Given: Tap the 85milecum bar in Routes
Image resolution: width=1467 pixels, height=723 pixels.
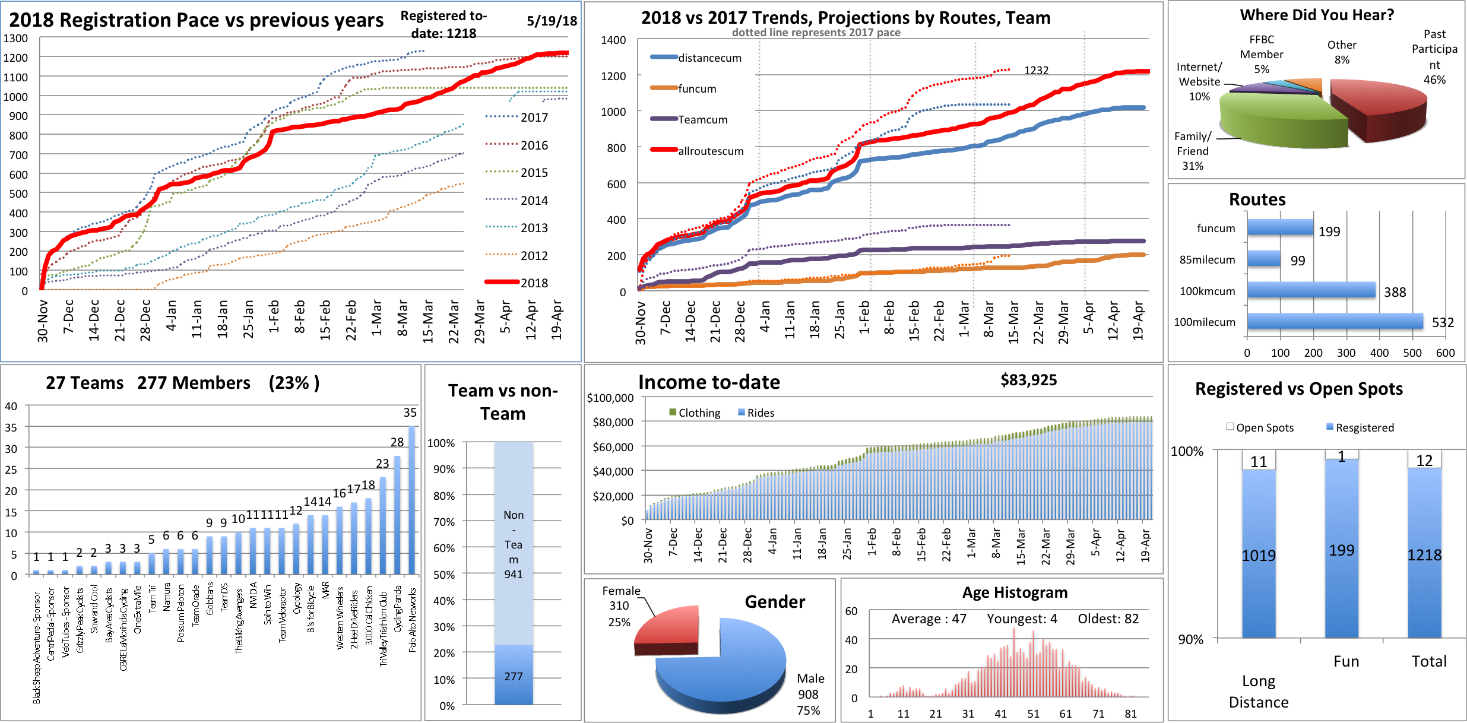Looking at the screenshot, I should point(1263,259).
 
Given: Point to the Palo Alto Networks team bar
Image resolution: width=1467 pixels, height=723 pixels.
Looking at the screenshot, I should point(412,500).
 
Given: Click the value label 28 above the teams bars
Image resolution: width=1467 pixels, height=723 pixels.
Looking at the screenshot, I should point(397,442).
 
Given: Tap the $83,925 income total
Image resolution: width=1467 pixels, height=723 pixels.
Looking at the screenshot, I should point(1028,380).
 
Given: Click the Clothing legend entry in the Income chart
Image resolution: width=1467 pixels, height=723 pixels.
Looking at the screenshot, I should point(695,413).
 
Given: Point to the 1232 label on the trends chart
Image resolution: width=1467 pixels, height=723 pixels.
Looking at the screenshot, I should point(1036,71).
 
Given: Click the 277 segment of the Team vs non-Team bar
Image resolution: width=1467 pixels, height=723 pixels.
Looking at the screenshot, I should point(514,676).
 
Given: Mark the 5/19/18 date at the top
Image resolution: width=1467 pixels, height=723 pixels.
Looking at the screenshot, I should point(552,21).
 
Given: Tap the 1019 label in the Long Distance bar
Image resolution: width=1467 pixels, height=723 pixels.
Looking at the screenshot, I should point(1259,556).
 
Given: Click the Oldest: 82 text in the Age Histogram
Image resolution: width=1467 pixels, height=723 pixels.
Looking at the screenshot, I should point(1108,619).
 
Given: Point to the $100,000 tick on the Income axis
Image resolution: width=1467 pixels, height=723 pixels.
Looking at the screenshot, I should point(610,398).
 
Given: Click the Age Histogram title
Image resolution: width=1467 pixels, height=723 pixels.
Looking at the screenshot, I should point(1015,592).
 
